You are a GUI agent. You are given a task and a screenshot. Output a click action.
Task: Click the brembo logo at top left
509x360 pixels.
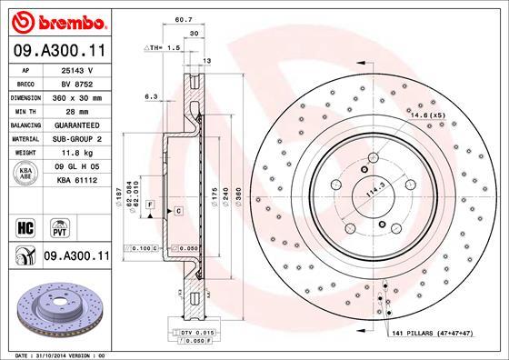56,19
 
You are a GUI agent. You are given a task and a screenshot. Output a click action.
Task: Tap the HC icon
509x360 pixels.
25,225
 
